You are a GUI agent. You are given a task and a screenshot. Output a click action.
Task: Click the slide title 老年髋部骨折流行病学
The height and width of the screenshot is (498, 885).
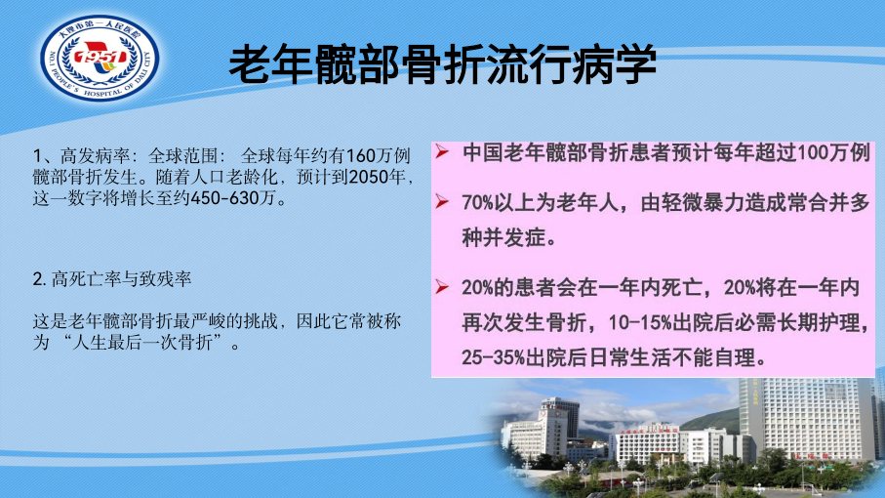(443, 63)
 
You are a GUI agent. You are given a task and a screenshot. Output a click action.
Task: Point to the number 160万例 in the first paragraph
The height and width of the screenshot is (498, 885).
(378, 155)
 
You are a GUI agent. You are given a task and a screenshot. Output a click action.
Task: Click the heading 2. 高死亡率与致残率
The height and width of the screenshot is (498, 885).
(112, 278)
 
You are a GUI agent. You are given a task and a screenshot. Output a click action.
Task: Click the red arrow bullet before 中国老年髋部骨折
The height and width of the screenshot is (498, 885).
(442, 151)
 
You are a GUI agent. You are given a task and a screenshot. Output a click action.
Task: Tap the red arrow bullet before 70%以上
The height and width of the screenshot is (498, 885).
(442, 201)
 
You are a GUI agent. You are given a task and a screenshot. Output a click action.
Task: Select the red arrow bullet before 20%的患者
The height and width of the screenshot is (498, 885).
(442, 287)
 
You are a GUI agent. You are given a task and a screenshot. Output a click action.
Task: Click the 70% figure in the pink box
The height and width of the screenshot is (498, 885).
(478, 202)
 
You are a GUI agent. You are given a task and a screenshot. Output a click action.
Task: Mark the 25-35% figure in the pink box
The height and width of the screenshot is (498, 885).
(494, 357)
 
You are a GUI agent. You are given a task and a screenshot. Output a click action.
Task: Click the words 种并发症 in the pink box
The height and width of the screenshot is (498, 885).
(503, 237)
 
